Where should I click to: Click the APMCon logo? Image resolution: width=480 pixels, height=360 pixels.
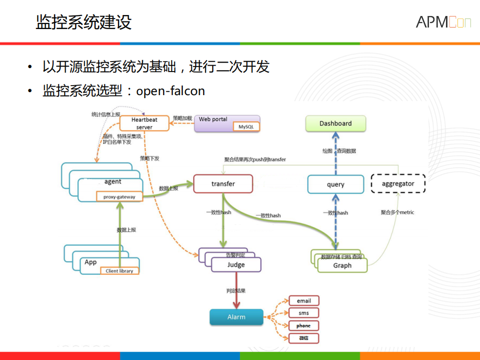pos(443,22)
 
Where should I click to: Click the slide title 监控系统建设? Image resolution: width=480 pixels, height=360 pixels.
pos(83,23)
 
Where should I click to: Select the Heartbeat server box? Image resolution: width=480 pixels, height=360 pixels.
pos(144,123)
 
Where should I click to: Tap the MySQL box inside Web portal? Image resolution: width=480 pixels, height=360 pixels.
pos(246,127)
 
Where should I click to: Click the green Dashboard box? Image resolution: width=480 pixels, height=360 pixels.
pos(335,123)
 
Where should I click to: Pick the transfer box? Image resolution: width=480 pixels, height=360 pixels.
pos(223,184)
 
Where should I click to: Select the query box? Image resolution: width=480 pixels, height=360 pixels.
pos(335,184)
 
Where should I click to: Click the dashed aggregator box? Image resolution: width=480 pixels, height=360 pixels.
pos(398,184)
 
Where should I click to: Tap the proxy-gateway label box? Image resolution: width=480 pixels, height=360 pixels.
pos(119,197)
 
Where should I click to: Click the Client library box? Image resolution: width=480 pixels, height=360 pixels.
pos(119,271)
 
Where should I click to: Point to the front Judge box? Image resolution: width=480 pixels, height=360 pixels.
pos(236,265)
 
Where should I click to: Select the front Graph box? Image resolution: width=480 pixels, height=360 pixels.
pos(342,265)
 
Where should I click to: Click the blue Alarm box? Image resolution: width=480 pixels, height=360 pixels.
pos(236,317)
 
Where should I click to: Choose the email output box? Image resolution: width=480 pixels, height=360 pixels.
pos(304,301)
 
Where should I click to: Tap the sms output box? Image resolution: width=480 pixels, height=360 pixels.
pos(304,313)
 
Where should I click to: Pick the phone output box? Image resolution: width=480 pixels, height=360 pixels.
pos(304,325)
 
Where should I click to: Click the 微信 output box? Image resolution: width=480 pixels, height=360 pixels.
pos(304,338)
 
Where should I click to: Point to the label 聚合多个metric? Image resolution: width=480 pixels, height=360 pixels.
pos(397,212)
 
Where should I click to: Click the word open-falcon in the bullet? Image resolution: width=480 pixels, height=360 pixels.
pos(171,91)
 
